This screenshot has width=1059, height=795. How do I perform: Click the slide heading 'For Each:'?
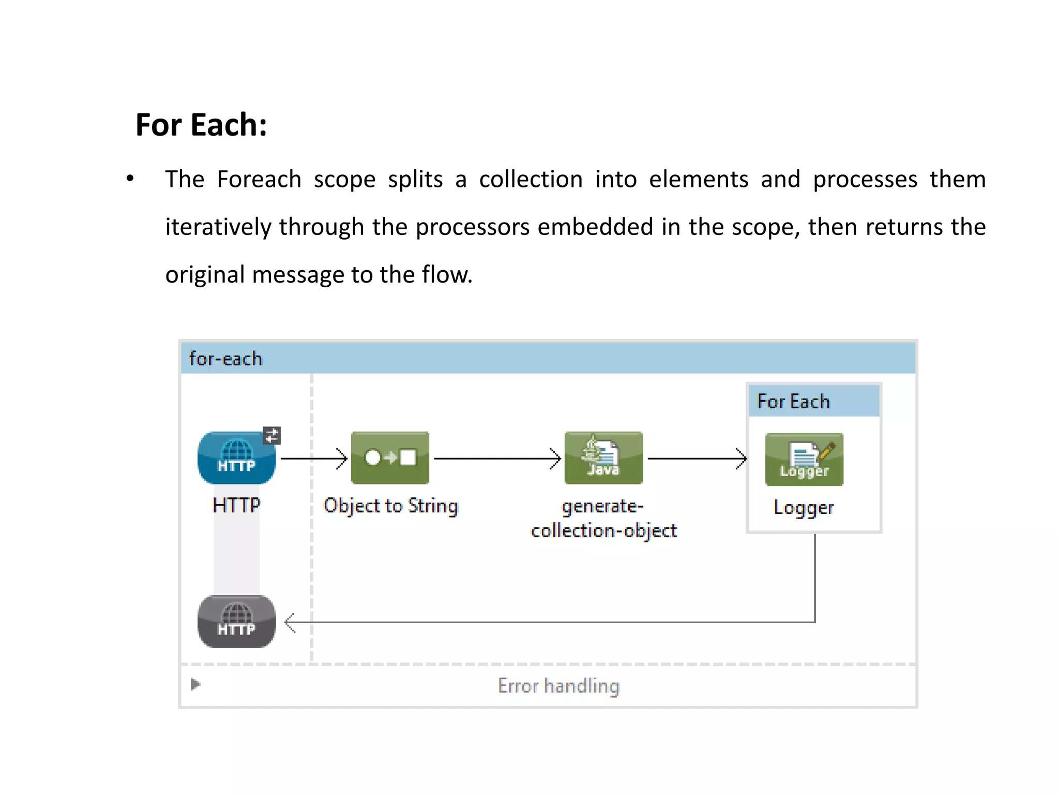[201, 125]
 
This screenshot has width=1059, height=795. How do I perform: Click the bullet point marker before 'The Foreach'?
[130, 179]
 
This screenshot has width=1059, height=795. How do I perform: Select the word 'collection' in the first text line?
[531, 180]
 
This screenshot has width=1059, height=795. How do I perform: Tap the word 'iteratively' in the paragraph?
[218, 227]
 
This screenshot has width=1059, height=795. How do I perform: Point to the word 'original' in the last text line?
[205, 275]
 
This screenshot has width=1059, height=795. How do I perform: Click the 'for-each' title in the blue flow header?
[225, 359]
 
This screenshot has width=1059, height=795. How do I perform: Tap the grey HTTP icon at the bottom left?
[236, 621]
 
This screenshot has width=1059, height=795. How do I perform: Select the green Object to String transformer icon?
[390, 458]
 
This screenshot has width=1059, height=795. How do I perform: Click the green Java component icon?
[603, 458]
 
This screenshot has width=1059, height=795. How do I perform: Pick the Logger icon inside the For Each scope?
[804, 460]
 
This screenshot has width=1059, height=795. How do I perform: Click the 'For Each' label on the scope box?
[793, 402]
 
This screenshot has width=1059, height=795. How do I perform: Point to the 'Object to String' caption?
[391, 506]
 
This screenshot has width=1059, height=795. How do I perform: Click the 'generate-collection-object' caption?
[603, 519]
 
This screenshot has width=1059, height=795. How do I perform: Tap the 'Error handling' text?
[558, 686]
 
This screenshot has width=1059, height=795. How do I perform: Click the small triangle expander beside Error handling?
[195, 684]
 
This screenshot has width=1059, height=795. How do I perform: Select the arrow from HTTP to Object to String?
[313, 459]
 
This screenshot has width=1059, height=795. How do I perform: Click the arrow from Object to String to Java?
[496, 459]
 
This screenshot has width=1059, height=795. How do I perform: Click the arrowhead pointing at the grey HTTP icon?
[290, 623]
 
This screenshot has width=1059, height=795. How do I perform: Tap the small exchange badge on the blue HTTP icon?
[272, 435]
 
